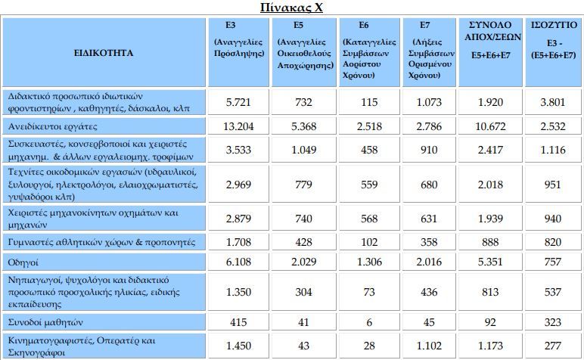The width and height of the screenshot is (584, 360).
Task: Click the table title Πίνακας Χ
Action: [x=291, y=7]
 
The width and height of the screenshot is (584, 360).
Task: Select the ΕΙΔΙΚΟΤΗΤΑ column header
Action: [x=104, y=52]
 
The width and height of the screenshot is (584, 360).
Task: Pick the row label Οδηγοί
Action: [x=23, y=262]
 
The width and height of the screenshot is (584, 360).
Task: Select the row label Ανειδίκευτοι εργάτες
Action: [x=52, y=126]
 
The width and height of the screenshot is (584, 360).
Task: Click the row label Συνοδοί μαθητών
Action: [x=45, y=322]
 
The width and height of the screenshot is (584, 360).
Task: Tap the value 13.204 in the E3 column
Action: [x=238, y=126]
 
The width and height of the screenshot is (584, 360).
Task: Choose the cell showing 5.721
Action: [x=238, y=102]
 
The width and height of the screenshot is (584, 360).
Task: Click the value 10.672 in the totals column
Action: [x=490, y=126]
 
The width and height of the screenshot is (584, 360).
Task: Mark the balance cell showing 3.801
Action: [x=553, y=102]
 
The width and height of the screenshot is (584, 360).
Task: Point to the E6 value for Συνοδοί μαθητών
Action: [x=369, y=322]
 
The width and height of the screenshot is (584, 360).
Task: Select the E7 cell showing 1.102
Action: [x=429, y=346]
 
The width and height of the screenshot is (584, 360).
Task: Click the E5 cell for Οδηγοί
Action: [x=303, y=262]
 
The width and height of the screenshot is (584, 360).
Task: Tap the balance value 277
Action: [x=553, y=346]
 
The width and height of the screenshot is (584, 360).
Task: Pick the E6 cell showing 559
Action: [x=369, y=185]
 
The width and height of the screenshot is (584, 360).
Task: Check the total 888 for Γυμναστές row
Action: [x=490, y=242]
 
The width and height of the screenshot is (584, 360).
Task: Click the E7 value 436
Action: [x=429, y=292]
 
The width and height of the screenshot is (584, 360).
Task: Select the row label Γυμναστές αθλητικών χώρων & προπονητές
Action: [x=101, y=242]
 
